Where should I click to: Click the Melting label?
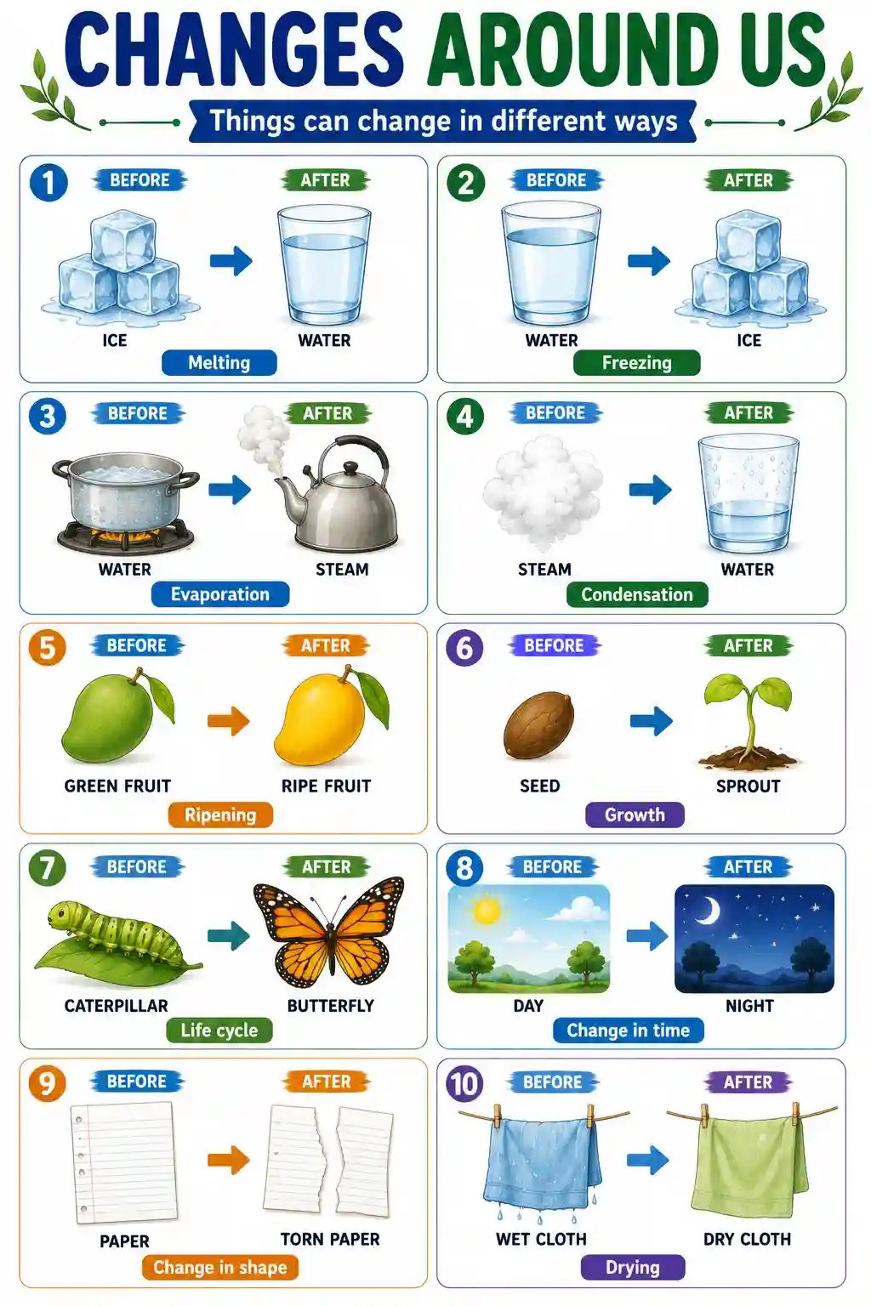[219, 363]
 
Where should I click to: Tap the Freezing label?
[636, 363]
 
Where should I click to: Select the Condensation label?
[637, 594]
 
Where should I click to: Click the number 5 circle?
[48, 648]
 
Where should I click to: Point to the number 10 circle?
[464, 1084]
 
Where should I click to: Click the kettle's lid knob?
[350, 468]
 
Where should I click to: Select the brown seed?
[538, 724]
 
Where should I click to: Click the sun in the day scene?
[487, 911]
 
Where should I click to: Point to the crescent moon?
[709, 910]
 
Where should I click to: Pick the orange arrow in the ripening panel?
[229, 721]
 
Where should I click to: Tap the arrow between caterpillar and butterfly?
[229, 935]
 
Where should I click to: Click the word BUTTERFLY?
[330, 1006]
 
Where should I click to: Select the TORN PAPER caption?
[330, 1239]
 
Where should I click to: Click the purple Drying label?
[633, 1268]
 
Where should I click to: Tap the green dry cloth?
[750, 1166]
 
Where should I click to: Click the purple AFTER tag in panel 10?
[748, 1082]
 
